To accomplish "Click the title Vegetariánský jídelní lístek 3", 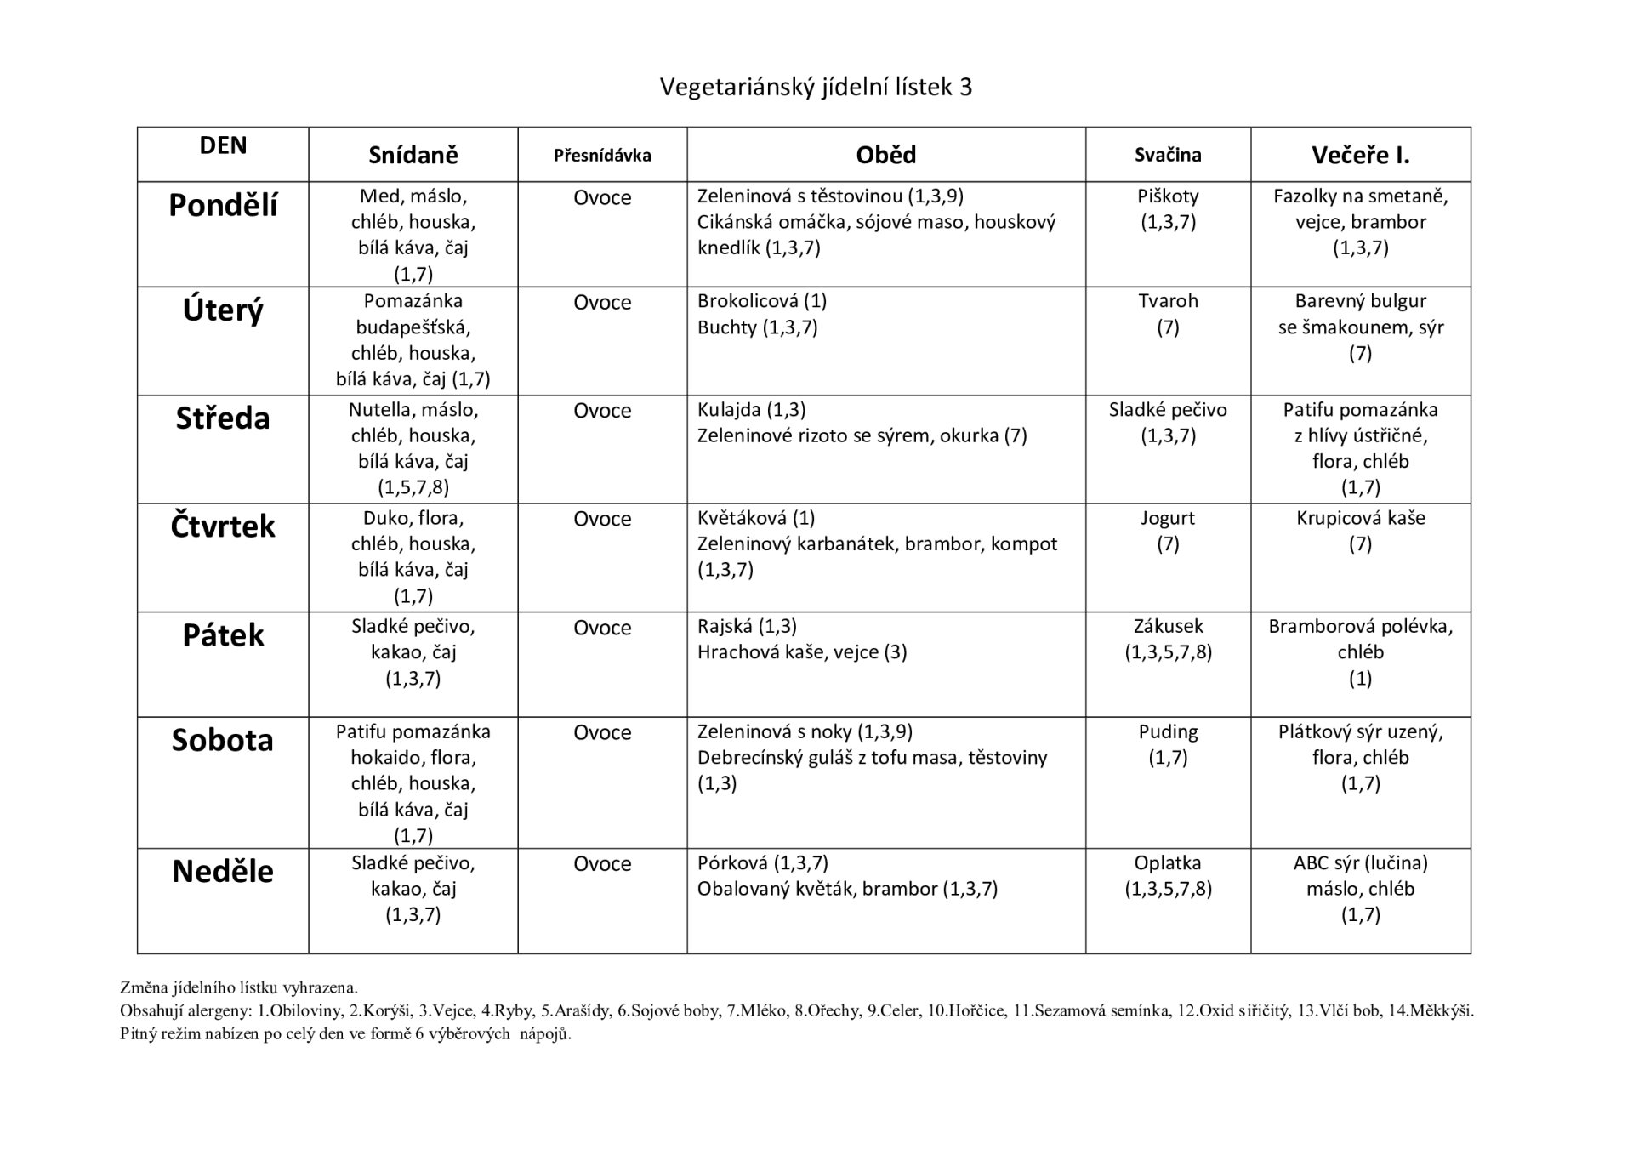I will point(816,87).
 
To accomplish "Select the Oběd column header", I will point(885,155).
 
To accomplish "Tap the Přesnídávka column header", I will point(602,156).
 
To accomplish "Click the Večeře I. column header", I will point(1360,155).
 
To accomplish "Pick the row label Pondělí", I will point(223,205).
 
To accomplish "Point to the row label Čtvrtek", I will point(223,526).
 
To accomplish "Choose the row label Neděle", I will point(223,872).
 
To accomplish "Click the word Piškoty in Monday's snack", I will point(1168,196).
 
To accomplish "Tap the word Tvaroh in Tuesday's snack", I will point(1168,301).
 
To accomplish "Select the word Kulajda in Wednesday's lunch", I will point(729,410).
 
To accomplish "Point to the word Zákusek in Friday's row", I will point(1168,627).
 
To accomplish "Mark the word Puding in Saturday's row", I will point(1168,732).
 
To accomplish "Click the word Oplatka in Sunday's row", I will point(1168,863).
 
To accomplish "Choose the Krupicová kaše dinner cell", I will point(1360,519).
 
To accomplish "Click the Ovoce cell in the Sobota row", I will point(602,733).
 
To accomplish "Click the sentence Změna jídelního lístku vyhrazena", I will point(239,988).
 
